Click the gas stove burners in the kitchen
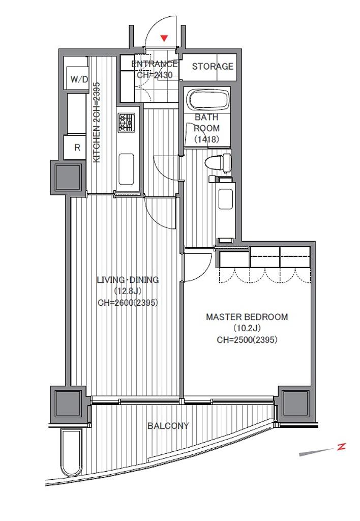pos(127,123)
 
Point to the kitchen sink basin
pos(126,169)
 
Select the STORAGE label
pos(213,66)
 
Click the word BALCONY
pos(168,426)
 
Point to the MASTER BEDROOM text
pos(247,316)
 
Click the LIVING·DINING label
pos(128,280)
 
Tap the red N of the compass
pos(341,447)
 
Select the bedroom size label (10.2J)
pos(247,328)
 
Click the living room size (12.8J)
pos(128,292)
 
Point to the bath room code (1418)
pos(206,139)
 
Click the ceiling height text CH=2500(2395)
pos(247,340)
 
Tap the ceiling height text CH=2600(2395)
pos(128,303)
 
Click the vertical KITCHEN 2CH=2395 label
pos(96,123)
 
